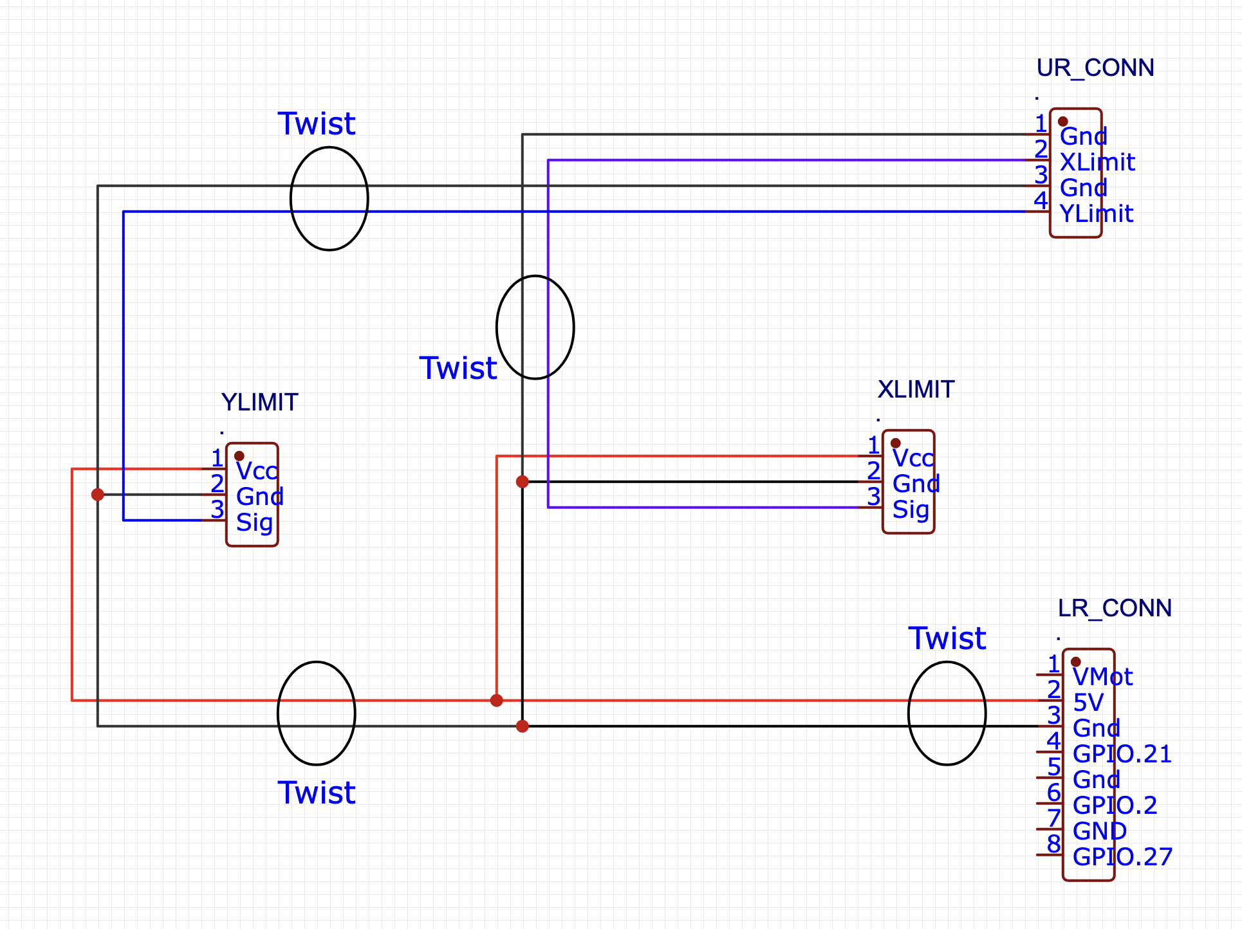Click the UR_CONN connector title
click(1095, 68)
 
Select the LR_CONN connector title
click(1115, 608)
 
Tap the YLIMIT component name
click(259, 402)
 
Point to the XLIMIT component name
click(916, 389)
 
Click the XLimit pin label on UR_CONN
click(1097, 162)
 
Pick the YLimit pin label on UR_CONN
click(1097, 214)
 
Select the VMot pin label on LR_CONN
click(1103, 677)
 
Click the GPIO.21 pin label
click(1122, 754)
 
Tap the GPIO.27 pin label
click(1122, 857)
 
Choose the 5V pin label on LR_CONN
click(1088, 703)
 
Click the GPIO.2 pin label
click(1115, 805)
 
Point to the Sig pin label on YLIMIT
click(254, 523)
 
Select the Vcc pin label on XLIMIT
click(913, 458)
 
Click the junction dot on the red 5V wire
click(497, 701)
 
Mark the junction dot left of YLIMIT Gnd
click(98, 495)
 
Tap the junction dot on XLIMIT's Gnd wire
click(523, 482)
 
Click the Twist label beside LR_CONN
click(947, 638)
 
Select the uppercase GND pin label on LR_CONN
click(1100, 831)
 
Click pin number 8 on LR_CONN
click(1053, 843)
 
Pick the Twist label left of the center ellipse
click(458, 368)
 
